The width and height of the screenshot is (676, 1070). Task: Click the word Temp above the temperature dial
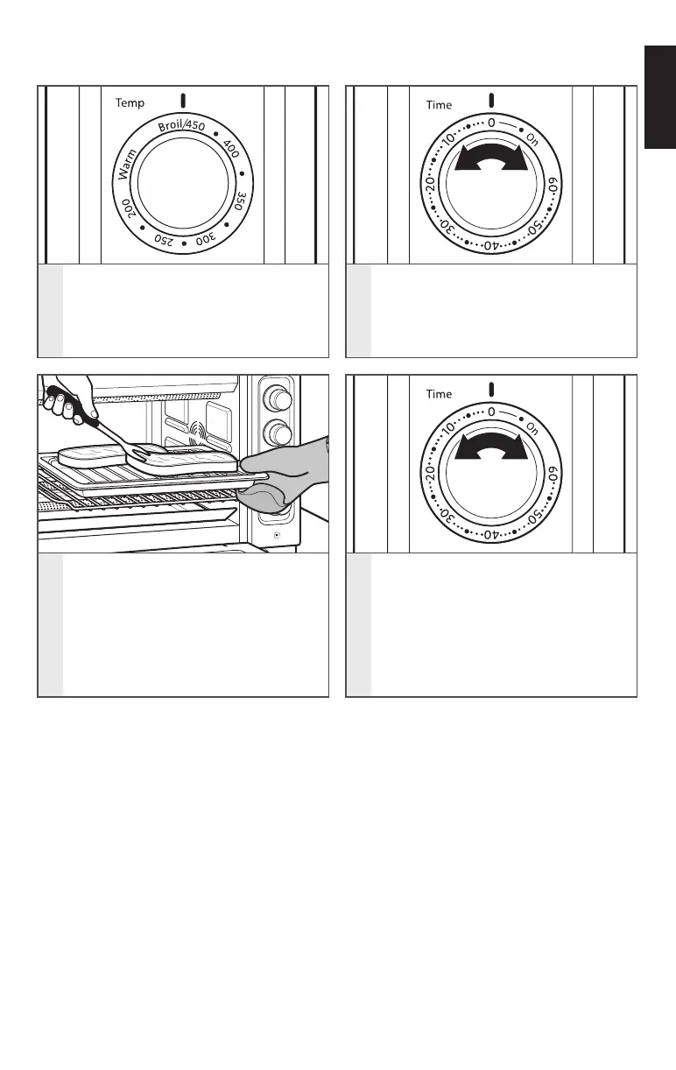click(130, 103)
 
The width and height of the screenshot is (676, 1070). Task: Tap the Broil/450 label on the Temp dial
click(181, 127)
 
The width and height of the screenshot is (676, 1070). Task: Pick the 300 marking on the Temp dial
click(204, 237)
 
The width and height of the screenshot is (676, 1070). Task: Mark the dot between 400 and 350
click(240, 172)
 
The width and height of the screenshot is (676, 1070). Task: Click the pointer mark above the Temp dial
click(182, 99)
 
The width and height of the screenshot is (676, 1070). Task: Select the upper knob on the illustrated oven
click(279, 399)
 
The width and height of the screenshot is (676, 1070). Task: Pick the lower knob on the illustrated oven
click(279, 432)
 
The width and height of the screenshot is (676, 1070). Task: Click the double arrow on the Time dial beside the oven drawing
click(491, 159)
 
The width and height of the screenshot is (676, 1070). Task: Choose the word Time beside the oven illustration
click(439, 394)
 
